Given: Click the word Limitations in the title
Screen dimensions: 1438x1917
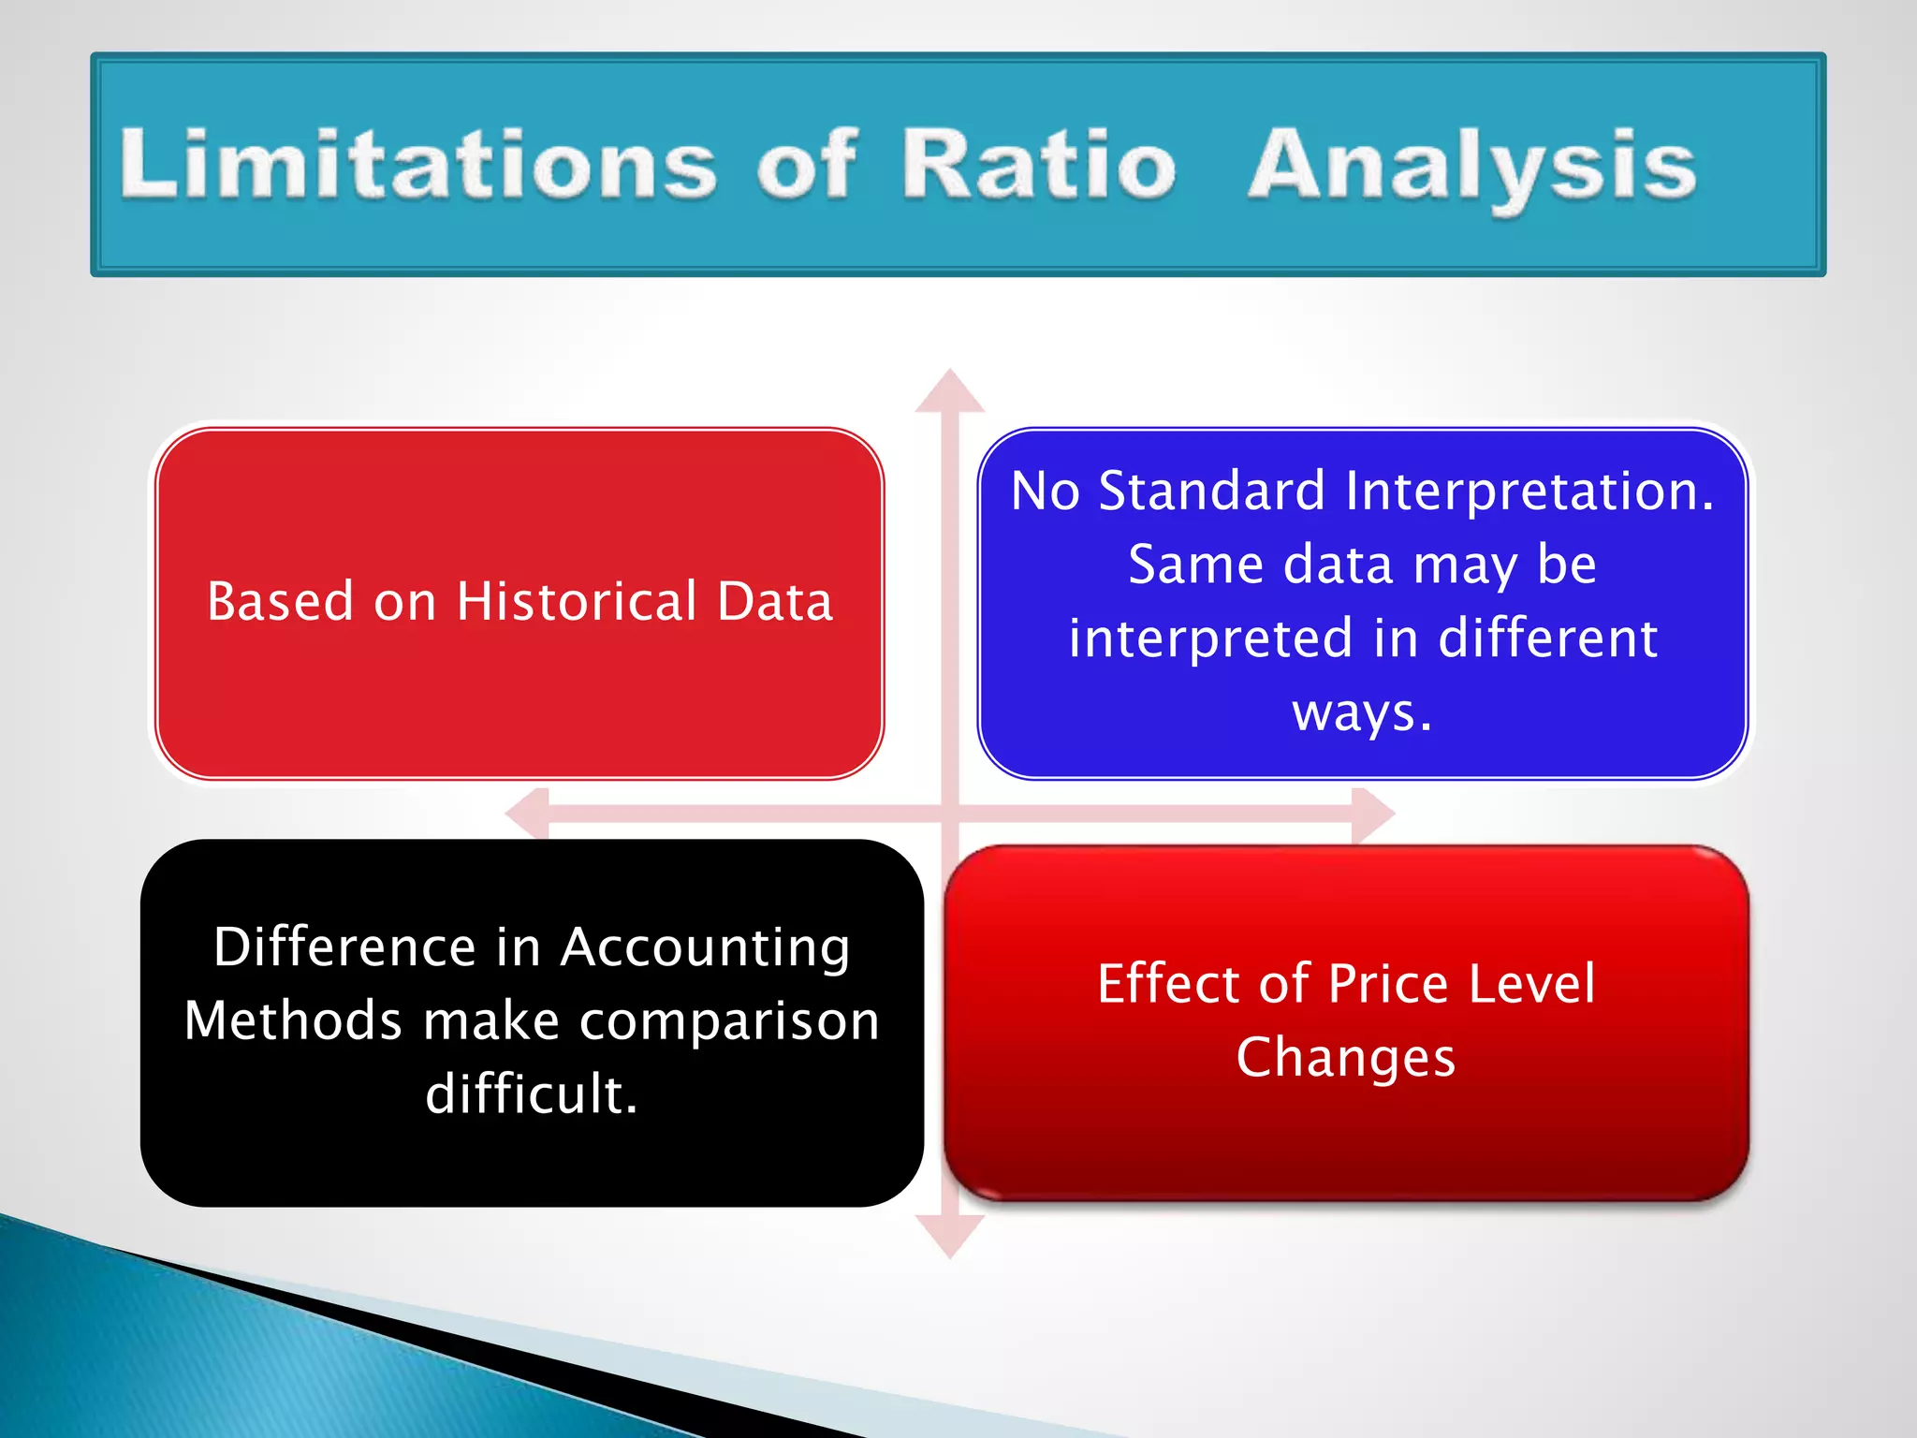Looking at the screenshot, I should [417, 164].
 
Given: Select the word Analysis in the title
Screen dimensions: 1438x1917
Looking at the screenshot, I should [1471, 167].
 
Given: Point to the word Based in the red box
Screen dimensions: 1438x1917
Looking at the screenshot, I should [280, 601].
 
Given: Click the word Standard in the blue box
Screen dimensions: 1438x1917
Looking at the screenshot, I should [1211, 491].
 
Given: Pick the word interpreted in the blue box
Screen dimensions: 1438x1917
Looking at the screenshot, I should [1210, 639].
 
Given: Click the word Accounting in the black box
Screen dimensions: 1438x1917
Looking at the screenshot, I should [705, 947].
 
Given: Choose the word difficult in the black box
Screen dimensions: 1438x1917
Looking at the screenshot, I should [530, 1093].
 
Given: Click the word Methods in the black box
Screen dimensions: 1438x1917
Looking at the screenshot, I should [293, 1020].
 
